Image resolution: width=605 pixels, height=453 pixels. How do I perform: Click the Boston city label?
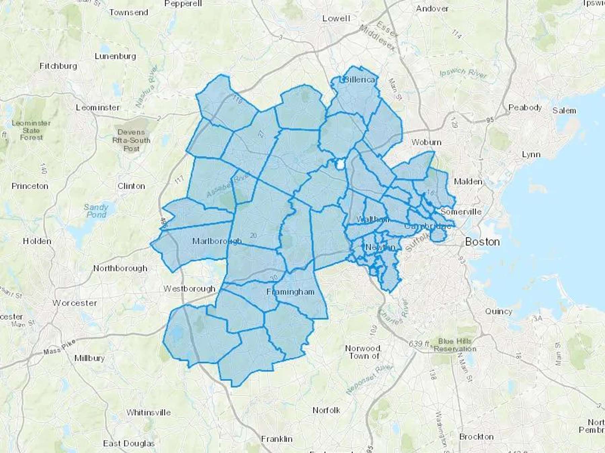pos(482,242)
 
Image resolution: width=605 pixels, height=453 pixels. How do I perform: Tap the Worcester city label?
pos(75,303)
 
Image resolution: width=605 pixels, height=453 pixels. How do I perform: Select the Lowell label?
pos(336,19)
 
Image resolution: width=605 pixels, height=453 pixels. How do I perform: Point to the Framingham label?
pos(290,292)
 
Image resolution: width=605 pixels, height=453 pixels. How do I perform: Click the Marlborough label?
pos(217,241)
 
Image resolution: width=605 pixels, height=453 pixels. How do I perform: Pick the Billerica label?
pos(359,80)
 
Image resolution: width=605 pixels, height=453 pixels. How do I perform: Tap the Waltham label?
pos(372,219)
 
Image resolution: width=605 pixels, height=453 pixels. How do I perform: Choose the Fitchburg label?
pos(58,66)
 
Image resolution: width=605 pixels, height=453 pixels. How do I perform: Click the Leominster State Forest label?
pos(31,130)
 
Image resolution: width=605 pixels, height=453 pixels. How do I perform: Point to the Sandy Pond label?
pos(96,211)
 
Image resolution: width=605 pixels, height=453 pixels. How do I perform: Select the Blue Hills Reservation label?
pos(455,345)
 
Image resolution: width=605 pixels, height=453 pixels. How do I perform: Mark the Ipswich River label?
pos(463,73)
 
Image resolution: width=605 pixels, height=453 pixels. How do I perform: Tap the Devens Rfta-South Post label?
pos(131,140)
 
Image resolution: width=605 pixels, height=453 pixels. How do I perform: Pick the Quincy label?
pos(498,311)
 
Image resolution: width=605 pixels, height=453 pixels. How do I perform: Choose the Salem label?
pos(564,111)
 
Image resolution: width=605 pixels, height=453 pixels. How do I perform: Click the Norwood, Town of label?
pos(363,352)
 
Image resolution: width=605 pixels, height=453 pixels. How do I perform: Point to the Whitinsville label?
pos(149,412)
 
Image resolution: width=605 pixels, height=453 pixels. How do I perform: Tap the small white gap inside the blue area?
pos(340,165)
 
